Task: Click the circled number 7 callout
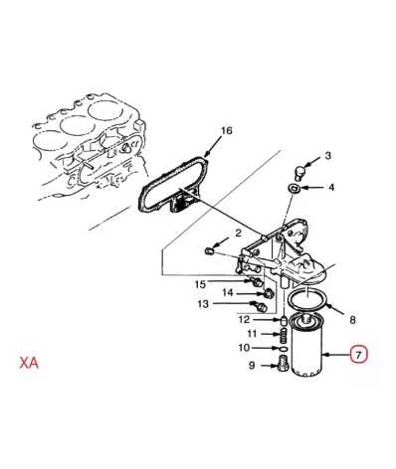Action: tap(359, 355)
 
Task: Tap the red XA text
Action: tap(29, 363)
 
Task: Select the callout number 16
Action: tap(227, 130)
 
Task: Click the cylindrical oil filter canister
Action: tap(306, 346)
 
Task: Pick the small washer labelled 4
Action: tap(294, 188)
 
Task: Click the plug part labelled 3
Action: tap(299, 172)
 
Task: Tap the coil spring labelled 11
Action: tap(282, 337)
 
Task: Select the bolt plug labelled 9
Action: tap(282, 364)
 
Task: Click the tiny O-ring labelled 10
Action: tap(283, 349)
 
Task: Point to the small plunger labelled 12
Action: tap(284, 321)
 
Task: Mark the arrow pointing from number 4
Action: tap(311, 188)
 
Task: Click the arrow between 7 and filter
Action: tap(336, 355)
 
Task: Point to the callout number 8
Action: tap(352, 320)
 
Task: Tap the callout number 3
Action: tap(327, 155)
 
